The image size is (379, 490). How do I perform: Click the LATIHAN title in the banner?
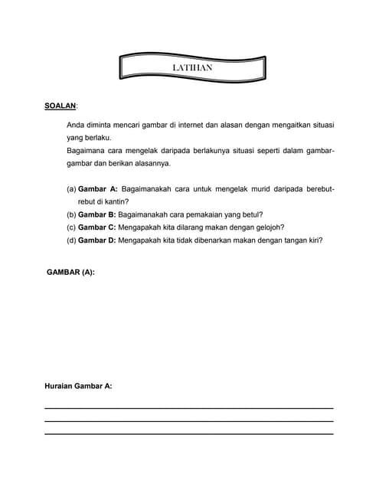pyautogui.click(x=192, y=68)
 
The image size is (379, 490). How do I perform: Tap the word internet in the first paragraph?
pyautogui.click(x=198, y=124)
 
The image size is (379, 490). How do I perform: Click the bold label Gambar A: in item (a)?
pyautogui.click(x=97, y=188)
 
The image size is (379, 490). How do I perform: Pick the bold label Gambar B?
pyautogui.click(x=97, y=215)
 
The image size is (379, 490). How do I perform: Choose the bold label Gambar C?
pyautogui.click(x=97, y=227)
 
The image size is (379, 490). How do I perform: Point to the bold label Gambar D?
pyautogui.click(x=97, y=240)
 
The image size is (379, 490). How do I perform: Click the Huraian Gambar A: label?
pyautogui.click(x=79, y=386)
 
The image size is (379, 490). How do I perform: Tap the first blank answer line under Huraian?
pyautogui.click(x=189, y=408)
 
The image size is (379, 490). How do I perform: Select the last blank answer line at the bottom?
pyautogui.click(x=189, y=434)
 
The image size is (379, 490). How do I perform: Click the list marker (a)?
pyautogui.click(x=71, y=188)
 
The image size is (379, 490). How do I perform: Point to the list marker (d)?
pyautogui.click(x=71, y=240)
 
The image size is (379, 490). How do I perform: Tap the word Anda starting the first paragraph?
pyautogui.click(x=76, y=124)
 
